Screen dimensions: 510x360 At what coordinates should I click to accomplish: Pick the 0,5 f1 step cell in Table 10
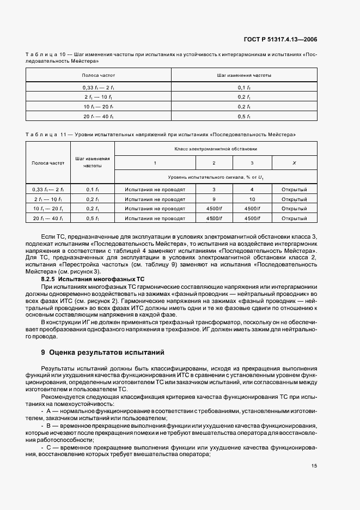(x=244, y=116)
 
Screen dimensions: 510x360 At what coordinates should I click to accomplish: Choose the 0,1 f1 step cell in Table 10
(x=244, y=87)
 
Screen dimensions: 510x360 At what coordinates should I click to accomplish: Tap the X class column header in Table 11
(x=294, y=163)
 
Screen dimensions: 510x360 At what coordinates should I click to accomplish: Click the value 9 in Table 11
(x=214, y=199)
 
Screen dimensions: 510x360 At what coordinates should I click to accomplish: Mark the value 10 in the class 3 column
(x=252, y=199)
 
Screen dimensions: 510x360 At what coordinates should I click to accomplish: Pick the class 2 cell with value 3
(x=214, y=189)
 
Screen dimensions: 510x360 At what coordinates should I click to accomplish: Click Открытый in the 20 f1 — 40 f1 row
(x=294, y=218)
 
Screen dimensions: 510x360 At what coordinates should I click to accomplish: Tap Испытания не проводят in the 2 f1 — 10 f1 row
(x=155, y=199)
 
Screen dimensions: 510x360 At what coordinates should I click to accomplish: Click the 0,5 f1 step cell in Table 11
(x=92, y=218)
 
